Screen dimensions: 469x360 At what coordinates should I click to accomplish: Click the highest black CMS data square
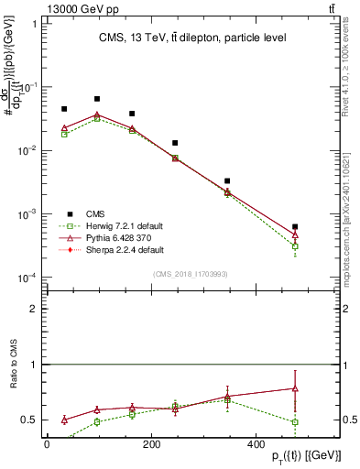97,99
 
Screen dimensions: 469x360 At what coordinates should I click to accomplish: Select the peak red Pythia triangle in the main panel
97,115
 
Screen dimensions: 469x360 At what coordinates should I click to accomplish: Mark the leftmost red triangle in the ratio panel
64,420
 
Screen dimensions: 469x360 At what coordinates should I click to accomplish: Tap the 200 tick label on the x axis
180,445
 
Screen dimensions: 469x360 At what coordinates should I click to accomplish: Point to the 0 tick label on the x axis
47,445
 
